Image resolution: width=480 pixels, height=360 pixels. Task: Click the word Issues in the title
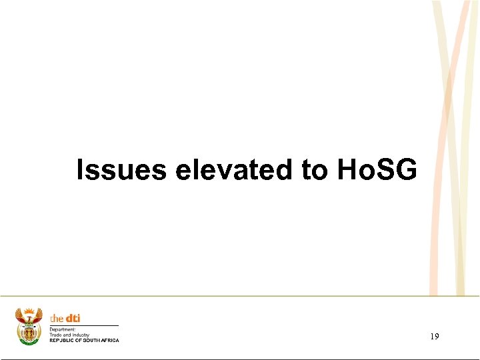(x=121, y=170)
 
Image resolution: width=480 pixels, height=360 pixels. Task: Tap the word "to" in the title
(x=315, y=170)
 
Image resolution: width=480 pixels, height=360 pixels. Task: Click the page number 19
(x=435, y=337)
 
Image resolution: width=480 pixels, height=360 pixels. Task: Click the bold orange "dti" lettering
(x=72, y=318)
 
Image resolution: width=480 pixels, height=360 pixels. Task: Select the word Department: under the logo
(x=63, y=329)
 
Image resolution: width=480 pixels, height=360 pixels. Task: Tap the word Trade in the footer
(x=56, y=334)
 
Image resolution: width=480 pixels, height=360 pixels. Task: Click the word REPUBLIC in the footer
(x=61, y=340)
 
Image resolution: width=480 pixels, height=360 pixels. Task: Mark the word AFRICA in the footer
(x=111, y=340)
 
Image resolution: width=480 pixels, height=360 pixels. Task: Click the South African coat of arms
(x=29, y=326)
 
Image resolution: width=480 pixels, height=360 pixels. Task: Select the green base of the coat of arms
(x=29, y=341)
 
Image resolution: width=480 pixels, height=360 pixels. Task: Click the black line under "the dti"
(x=84, y=325)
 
